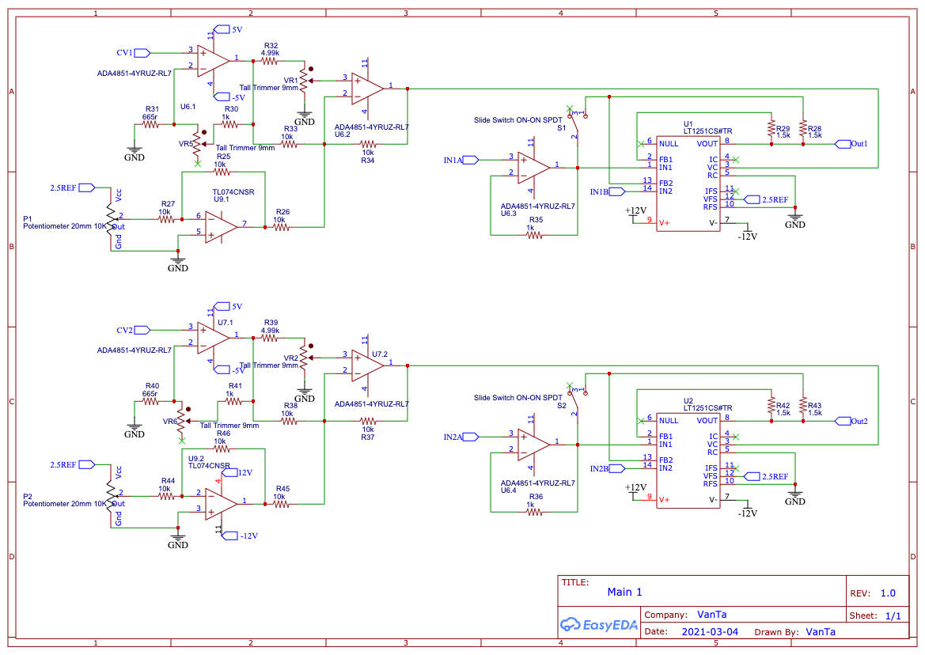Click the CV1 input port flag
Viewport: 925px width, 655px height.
tap(142, 53)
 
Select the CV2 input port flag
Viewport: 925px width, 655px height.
tap(142, 330)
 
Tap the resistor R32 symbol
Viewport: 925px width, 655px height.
tap(270, 61)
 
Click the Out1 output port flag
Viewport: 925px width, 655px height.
tap(843, 144)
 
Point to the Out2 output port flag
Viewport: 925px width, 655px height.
tap(843, 421)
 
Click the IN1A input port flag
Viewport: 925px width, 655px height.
tap(471, 160)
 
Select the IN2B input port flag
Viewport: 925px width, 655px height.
tap(617, 468)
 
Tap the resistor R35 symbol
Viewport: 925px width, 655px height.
tap(534, 235)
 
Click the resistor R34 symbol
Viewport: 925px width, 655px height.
tap(368, 144)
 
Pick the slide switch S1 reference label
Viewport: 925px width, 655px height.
tap(562, 128)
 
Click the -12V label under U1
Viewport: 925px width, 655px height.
tap(748, 237)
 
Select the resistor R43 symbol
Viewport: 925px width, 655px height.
tap(803, 405)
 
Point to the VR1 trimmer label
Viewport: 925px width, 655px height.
tap(291, 81)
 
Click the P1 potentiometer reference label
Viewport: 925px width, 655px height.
tap(27, 218)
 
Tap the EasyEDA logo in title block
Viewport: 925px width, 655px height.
tap(599, 624)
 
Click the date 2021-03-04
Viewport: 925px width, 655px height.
tap(710, 631)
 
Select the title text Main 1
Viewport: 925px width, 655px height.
tap(625, 592)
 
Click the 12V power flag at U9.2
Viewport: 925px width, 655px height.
tap(245, 473)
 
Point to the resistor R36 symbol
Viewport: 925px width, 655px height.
tap(534, 513)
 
